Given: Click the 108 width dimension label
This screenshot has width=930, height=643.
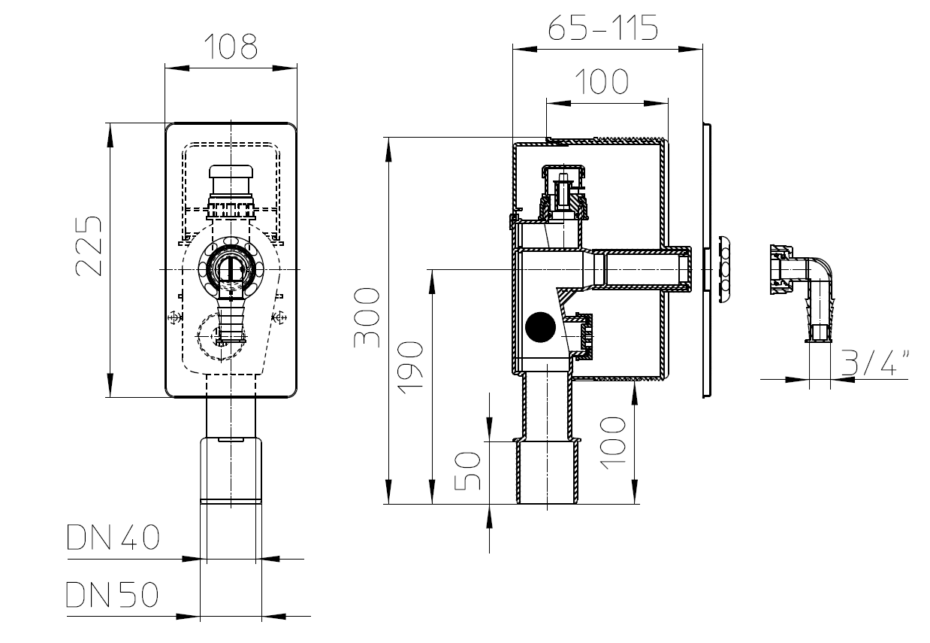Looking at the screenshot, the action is (231, 46).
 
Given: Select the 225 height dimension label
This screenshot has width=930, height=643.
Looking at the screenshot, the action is (89, 246).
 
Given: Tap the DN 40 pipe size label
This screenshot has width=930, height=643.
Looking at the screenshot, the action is (113, 537).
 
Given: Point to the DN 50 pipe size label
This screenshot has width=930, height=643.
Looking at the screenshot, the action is (112, 594).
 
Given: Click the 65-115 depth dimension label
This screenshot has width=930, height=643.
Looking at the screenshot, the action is (602, 27).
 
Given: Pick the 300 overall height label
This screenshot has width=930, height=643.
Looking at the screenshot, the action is (366, 317).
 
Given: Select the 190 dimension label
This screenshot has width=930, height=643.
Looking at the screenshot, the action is (410, 368).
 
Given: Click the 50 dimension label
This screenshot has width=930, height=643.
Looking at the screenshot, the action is (467, 471).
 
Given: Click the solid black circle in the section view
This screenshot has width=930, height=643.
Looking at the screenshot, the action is (540, 327).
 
